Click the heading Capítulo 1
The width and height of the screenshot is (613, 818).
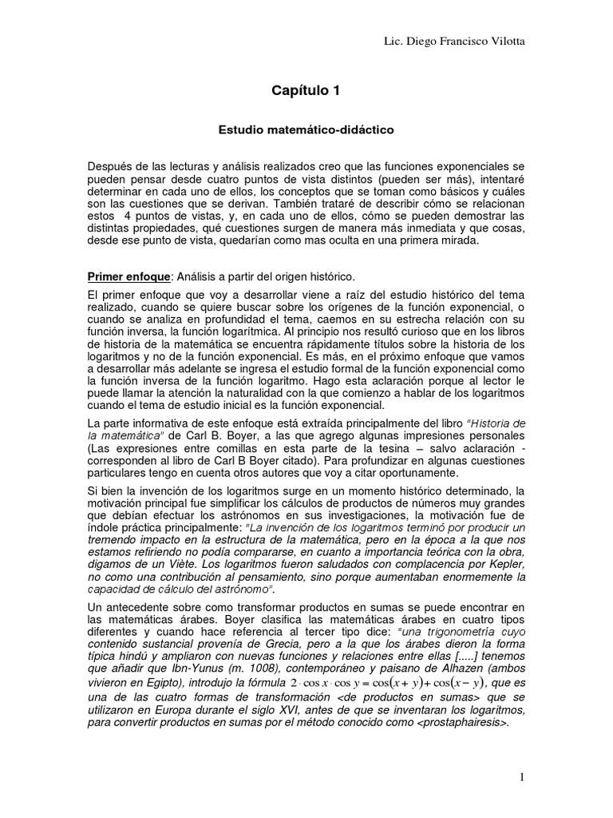(306, 91)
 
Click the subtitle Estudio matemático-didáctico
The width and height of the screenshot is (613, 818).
(306, 127)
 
